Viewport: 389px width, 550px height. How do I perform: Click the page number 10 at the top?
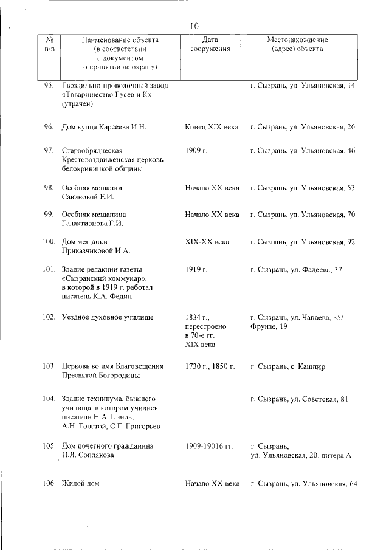tap(194, 26)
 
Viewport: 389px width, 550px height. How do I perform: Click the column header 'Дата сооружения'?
tap(210, 44)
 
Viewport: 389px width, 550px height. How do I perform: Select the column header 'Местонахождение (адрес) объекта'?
tap(301, 44)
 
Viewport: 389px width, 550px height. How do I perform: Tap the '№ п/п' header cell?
tap(50, 44)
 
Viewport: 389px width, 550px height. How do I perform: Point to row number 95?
tap(50, 86)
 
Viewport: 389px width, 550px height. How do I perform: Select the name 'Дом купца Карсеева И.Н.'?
tap(104, 127)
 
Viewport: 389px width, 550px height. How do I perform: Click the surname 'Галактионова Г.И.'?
tap(92, 224)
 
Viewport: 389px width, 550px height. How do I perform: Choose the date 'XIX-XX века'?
tap(207, 242)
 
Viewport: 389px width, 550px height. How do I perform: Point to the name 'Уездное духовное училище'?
tap(108, 317)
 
